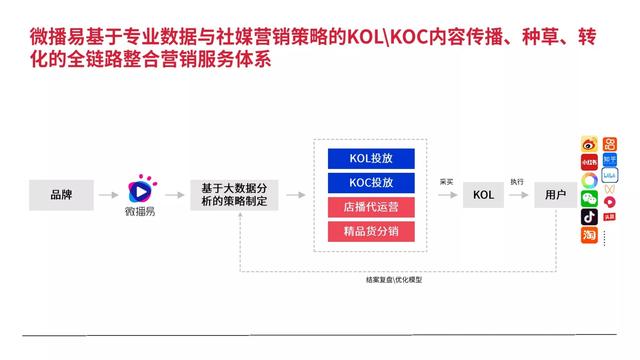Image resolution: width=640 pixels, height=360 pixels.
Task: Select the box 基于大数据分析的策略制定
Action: tap(234, 193)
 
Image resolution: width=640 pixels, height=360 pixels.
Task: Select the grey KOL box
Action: tap(483, 193)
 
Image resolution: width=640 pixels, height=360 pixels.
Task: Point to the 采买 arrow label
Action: tap(447, 182)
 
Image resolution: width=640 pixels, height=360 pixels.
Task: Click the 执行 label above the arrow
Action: tap(516, 182)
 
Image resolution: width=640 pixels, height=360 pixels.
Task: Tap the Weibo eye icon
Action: tap(589, 144)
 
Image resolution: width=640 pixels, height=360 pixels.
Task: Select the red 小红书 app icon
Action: tap(589, 162)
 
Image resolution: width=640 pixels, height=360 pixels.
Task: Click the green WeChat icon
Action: tap(589, 198)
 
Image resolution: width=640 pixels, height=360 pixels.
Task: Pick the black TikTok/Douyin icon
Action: tap(589, 217)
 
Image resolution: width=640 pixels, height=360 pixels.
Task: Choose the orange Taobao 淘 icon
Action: tap(589, 236)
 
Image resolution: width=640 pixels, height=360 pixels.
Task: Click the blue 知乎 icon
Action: tap(609, 160)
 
